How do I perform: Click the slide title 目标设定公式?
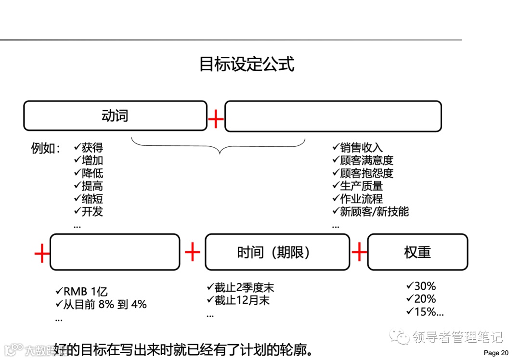pos(247,64)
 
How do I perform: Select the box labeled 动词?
pos(115,116)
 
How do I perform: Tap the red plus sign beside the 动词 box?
pos(216,118)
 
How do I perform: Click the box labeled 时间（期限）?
pos(277,252)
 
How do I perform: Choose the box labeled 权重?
pos(417,252)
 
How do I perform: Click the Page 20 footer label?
pos(495,353)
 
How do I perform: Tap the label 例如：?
pos(46,148)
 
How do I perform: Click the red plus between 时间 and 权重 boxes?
pos(359,252)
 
